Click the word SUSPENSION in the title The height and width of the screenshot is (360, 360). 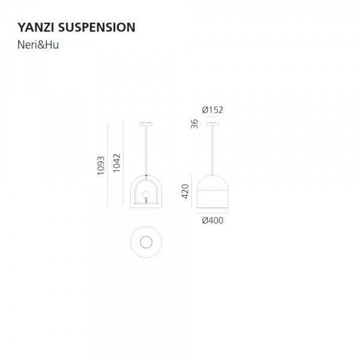coord(98,28)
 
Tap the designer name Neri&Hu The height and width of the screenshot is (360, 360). coord(38,45)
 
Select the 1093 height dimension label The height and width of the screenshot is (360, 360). coord(101,165)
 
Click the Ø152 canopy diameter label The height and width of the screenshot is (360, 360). coord(212,110)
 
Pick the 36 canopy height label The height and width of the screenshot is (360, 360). coord(194,124)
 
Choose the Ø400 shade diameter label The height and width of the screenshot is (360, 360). coord(212,220)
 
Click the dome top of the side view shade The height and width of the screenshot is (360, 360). coord(212,182)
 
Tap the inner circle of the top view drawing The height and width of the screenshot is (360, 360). coord(146,242)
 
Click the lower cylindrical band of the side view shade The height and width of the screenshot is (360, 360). coord(212,199)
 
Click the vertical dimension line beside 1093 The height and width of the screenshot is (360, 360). coord(107,165)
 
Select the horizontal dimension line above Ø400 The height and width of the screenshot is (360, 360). coord(212,212)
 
